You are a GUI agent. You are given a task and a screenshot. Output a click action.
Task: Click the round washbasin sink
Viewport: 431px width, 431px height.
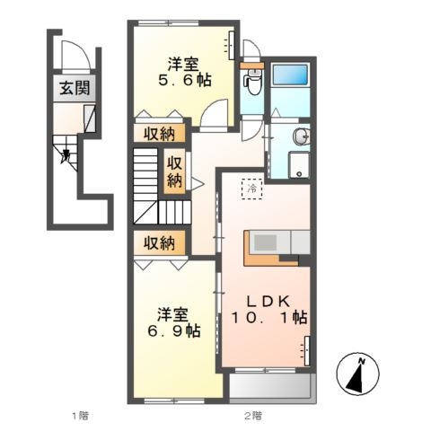coord(301,137)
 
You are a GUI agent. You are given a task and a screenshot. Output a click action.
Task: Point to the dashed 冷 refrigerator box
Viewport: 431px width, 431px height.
coord(253,189)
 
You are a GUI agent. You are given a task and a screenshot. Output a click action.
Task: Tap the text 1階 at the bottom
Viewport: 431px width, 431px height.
coord(79,415)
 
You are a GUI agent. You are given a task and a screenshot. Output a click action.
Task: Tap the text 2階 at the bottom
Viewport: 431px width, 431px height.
coord(252,415)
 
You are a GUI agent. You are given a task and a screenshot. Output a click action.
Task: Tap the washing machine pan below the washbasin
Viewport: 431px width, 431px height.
coord(296,164)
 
